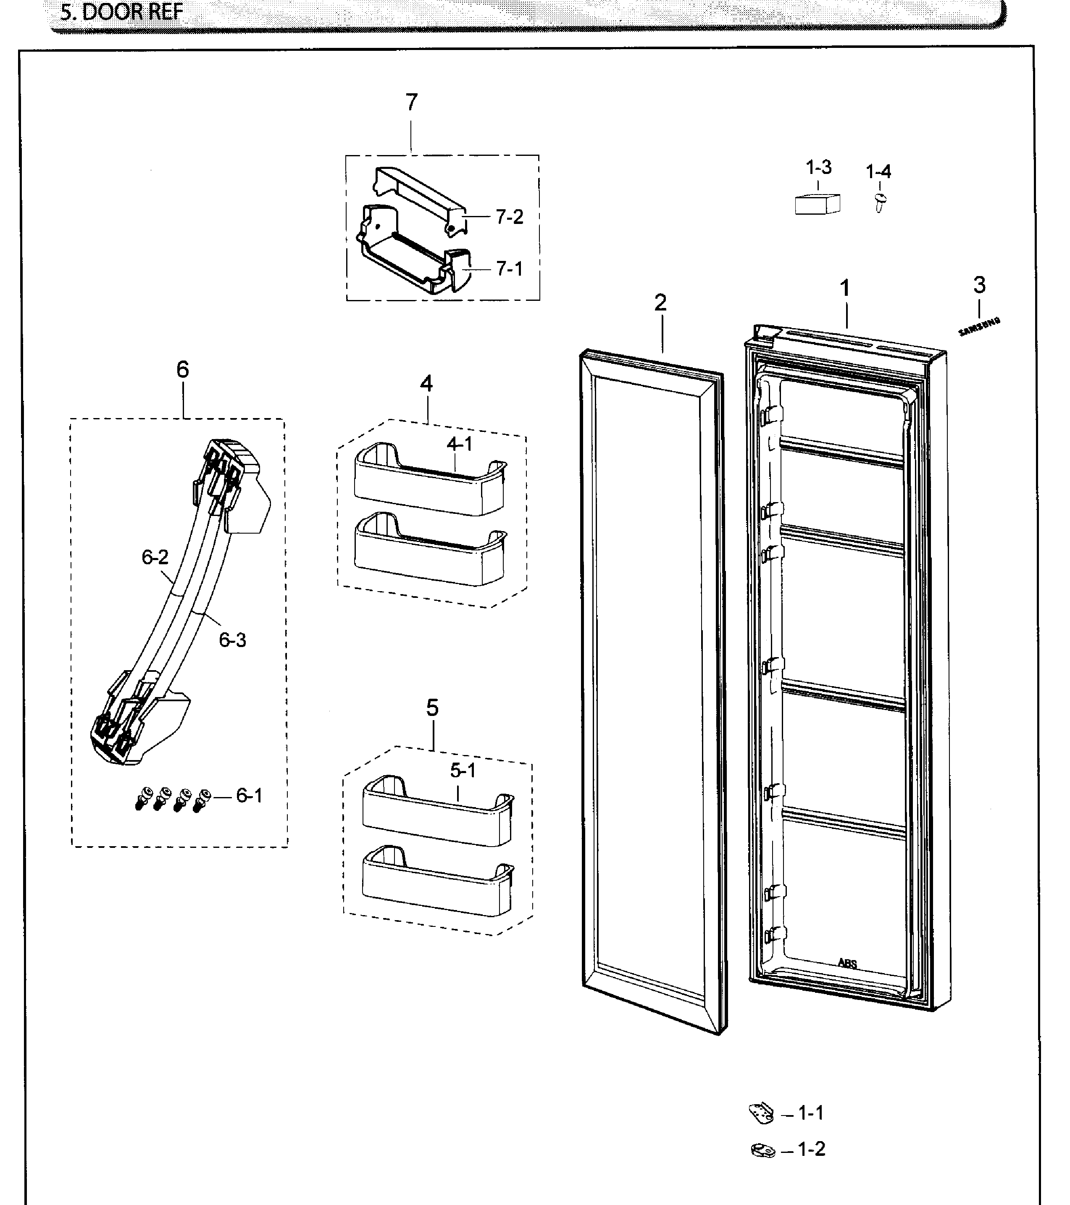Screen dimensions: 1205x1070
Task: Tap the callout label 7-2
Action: pyautogui.click(x=509, y=218)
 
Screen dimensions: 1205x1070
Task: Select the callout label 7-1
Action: pyautogui.click(x=509, y=269)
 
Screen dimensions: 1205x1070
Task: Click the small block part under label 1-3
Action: pyautogui.click(x=817, y=203)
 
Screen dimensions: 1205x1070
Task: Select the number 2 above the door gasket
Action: pyautogui.click(x=660, y=303)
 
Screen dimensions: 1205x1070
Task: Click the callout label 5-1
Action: pyautogui.click(x=463, y=771)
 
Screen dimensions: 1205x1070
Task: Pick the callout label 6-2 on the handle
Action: pyautogui.click(x=155, y=557)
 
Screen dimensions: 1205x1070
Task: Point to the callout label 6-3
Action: pyautogui.click(x=232, y=640)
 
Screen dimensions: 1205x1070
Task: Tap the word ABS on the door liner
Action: pyautogui.click(x=848, y=964)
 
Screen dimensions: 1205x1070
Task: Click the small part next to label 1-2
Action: pyautogui.click(x=763, y=1150)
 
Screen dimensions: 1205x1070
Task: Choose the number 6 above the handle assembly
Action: pyautogui.click(x=183, y=370)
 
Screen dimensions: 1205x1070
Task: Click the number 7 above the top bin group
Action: pyautogui.click(x=412, y=103)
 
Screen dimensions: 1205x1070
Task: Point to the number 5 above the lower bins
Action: pyautogui.click(x=432, y=708)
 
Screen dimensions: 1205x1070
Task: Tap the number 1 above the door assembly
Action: pyautogui.click(x=845, y=288)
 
